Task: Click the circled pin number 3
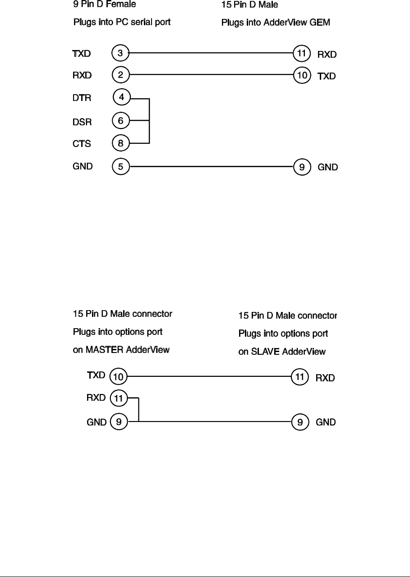[x=120, y=53]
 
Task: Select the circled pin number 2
[x=120, y=74]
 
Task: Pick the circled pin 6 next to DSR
[x=120, y=120]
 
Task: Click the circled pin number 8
[x=120, y=143]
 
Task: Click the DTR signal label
[x=82, y=97]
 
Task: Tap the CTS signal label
[x=82, y=144]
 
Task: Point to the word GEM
[x=320, y=23]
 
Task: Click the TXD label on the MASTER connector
[x=96, y=375]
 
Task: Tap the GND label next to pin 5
[x=83, y=166]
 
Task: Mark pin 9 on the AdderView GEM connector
[x=302, y=167]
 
